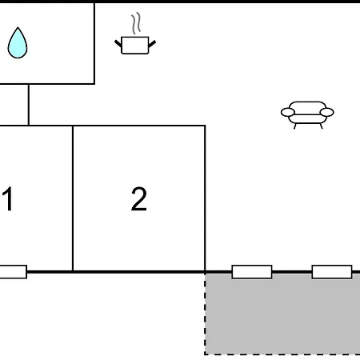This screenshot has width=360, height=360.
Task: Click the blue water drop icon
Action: click(x=18, y=43)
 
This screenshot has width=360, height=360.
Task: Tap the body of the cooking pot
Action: click(x=135, y=46)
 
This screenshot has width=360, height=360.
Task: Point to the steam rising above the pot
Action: click(x=136, y=23)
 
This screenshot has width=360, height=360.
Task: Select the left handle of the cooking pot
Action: click(x=118, y=43)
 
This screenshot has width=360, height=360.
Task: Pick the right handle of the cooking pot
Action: click(x=152, y=44)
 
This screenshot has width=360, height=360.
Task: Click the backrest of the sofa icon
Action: click(x=307, y=106)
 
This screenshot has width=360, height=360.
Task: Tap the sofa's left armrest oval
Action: click(x=288, y=112)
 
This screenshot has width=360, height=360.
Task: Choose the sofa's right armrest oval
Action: click(x=327, y=112)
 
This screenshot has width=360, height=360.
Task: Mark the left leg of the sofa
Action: click(x=295, y=126)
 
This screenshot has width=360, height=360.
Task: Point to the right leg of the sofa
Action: click(x=321, y=126)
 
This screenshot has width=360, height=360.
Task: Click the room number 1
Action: click(x=8, y=198)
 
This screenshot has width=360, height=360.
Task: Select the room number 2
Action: click(x=139, y=198)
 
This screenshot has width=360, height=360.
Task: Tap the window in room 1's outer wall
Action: click(x=13, y=272)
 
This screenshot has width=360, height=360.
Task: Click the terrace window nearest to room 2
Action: click(x=252, y=272)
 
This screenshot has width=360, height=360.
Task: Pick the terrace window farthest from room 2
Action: click(x=332, y=272)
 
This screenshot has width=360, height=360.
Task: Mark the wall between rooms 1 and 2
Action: click(x=73, y=198)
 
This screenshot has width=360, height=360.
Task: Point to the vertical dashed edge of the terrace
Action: click(x=205, y=314)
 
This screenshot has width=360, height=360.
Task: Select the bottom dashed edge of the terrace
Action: click(x=282, y=354)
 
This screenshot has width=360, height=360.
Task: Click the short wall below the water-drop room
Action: click(x=29, y=105)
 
